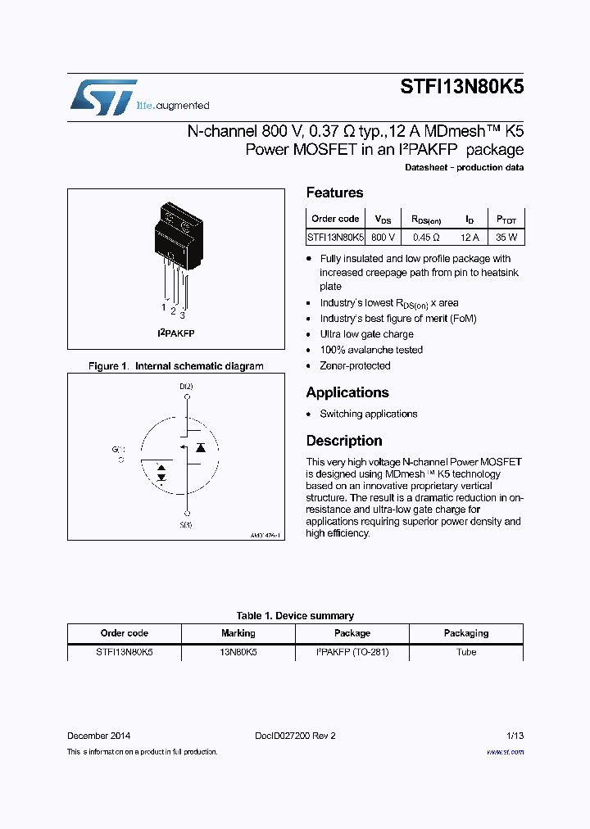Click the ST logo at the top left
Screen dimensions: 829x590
point(103,97)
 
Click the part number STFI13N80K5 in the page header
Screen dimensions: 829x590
point(462,88)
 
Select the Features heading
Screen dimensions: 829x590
point(334,193)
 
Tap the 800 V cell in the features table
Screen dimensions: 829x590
point(383,237)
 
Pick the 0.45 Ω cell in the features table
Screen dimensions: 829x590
point(426,237)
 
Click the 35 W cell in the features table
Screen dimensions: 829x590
point(506,237)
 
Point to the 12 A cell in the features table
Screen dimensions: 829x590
point(470,237)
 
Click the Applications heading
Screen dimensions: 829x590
point(347,392)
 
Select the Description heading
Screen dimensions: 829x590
point(344,441)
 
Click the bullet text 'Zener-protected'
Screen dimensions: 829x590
point(355,365)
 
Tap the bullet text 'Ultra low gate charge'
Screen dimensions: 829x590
point(366,334)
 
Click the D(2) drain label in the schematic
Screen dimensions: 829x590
point(187,386)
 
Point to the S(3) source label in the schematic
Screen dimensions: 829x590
point(186,524)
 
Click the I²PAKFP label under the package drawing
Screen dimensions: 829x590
point(176,333)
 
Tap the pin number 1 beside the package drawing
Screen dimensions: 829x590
point(164,308)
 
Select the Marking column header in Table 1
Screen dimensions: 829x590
point(238,633)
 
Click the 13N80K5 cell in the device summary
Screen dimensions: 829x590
point(238,652)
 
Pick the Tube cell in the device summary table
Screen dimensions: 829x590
point(465,652)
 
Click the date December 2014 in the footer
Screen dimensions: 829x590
point(98,736)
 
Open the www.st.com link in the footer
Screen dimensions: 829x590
point(505,752)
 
